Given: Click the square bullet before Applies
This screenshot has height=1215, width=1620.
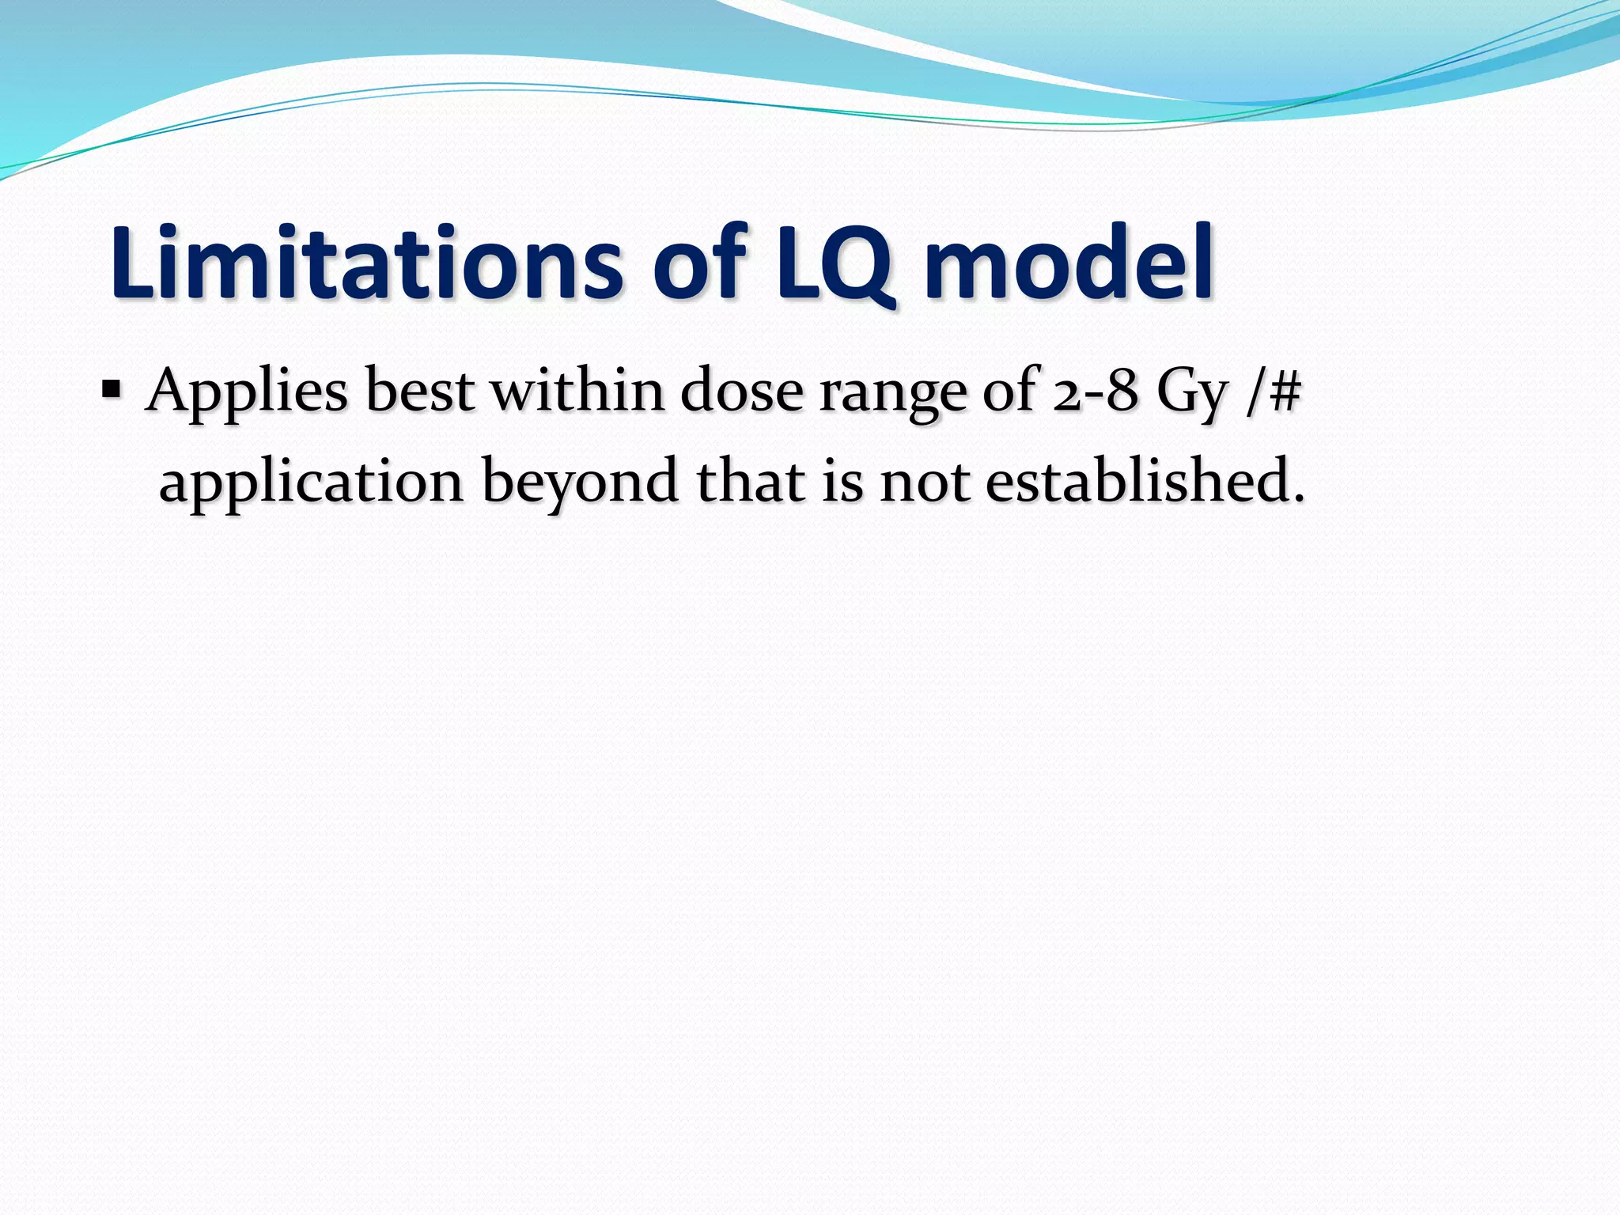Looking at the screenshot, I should [112, 390].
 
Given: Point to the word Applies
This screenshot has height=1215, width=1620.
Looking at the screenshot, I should [246, 393].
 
